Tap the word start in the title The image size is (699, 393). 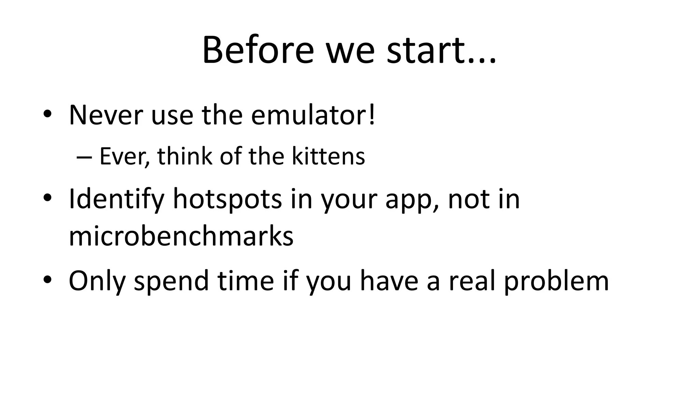pos(423,50)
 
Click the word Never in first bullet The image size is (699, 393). pos(105,115)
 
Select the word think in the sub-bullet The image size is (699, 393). pos(184,156)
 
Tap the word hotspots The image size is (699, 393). pos(227,199)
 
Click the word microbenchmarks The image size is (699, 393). pos(181,236)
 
